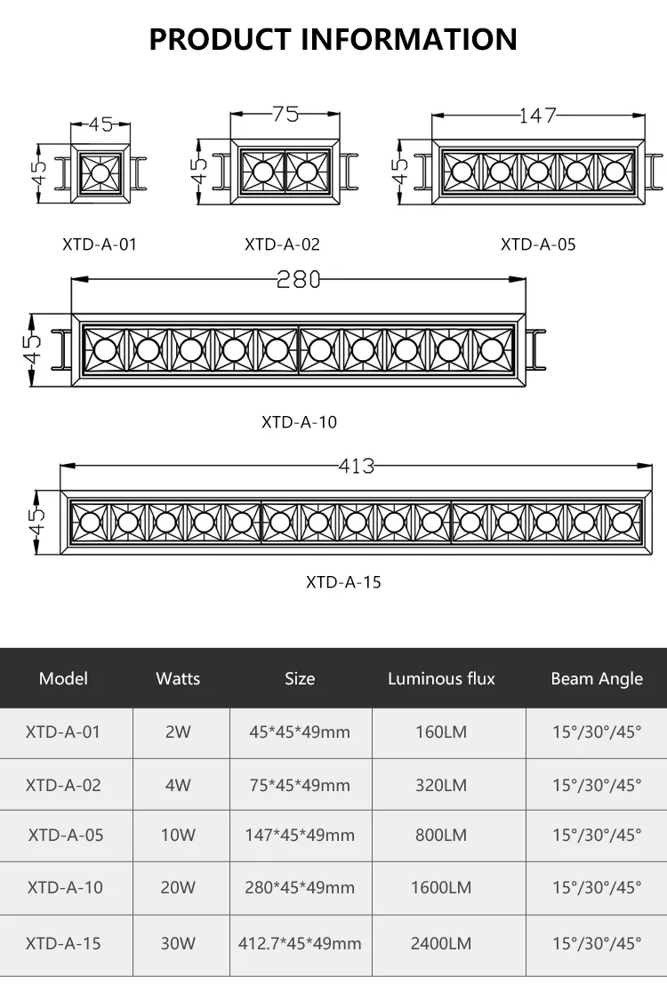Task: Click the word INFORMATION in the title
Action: (408, 39)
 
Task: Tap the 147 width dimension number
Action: (538, 116)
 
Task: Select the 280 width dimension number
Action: (299, 279)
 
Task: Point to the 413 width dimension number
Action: (357, 466)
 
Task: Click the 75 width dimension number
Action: (285, 114)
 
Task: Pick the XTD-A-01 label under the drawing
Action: (100, 244)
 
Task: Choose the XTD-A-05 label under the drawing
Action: (538, 244)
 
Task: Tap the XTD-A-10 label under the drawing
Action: (299, 422)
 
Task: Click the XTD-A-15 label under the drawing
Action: (343, 582)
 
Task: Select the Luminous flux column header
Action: (441, 679)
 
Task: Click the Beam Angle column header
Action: (597, 679)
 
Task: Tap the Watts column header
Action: (178, 679)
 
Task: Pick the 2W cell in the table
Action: (178, 732)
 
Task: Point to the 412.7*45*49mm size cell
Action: (300, 943)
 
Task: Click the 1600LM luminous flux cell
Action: (441, 887)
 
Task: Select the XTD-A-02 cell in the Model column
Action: (63, 785)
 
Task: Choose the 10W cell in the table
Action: (178, 835)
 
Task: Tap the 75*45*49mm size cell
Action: (300, 785)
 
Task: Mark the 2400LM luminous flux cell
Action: (441, 943)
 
